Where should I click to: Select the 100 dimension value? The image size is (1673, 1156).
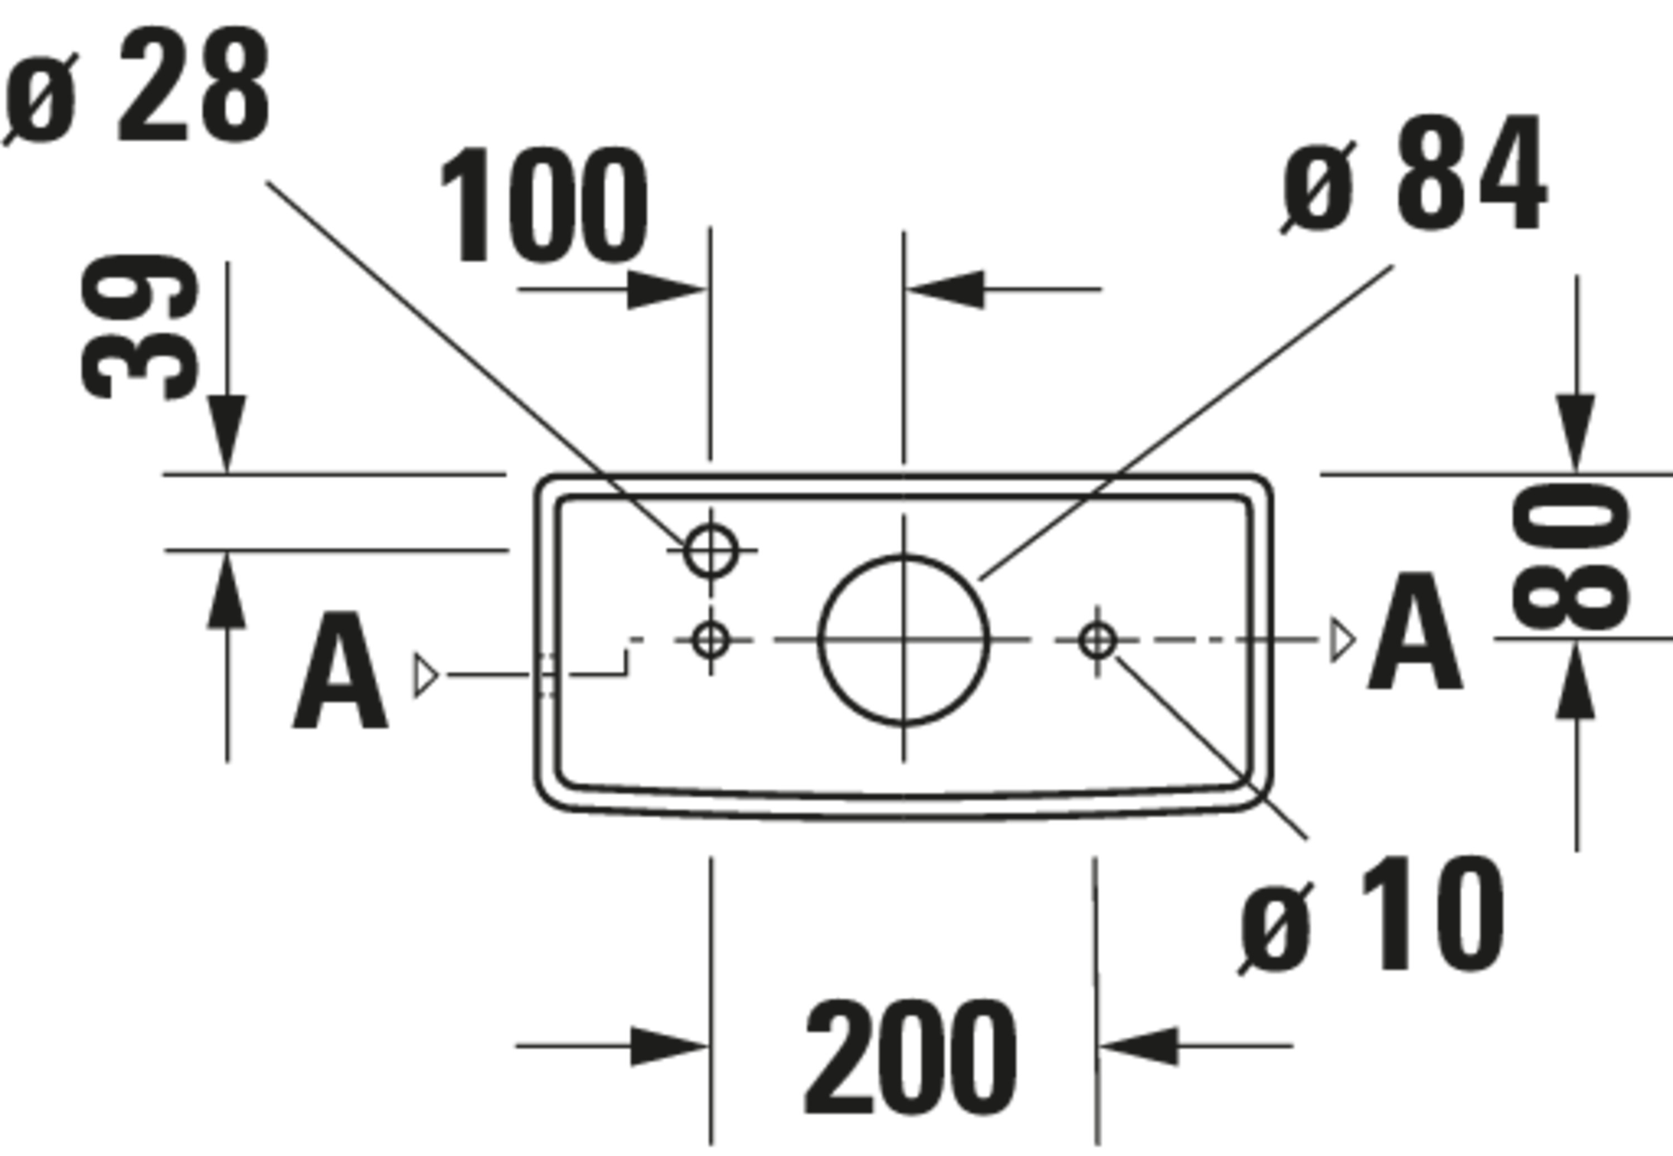tap(543, 205)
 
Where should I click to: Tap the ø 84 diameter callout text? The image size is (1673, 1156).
tap(1414, 174)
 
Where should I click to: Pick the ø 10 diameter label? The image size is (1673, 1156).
tap(1372, 915)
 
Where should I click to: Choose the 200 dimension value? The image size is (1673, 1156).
tap(911, 1058)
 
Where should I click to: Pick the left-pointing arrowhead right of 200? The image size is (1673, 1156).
tap(1139, 1046)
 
